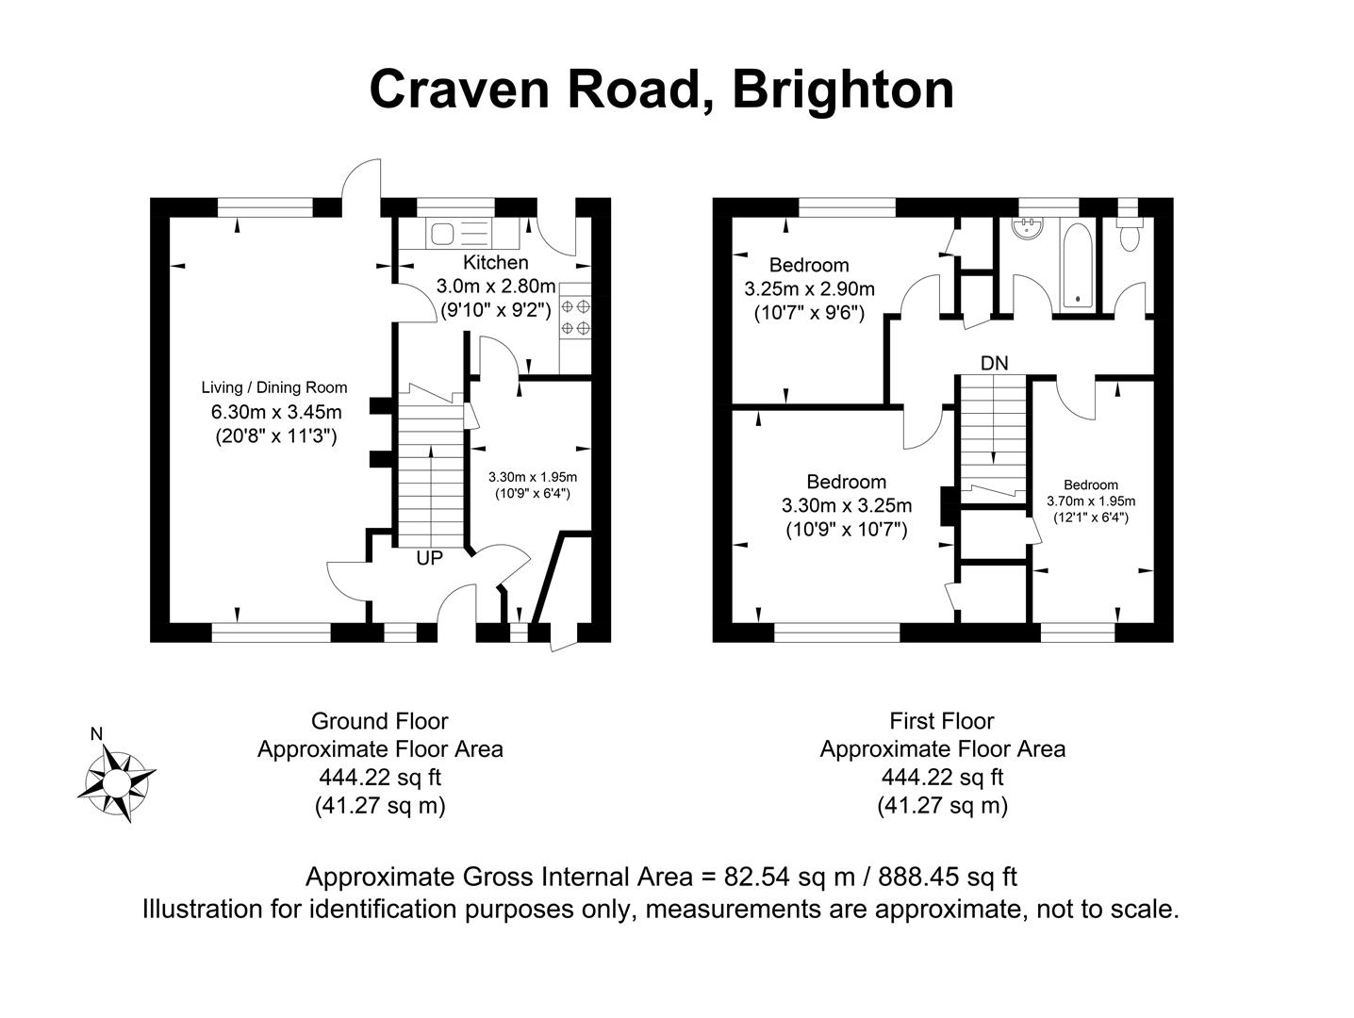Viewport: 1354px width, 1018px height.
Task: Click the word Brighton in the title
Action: coord(842,90)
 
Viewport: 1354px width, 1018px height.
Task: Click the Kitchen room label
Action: coord(495,262)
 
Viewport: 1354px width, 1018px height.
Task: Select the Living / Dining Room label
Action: coord(273,387)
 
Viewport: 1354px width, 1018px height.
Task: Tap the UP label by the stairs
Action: coord(429,558)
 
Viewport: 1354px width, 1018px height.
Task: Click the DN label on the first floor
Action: coord(994,363)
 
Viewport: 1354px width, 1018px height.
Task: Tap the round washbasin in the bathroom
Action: coord(1025,227)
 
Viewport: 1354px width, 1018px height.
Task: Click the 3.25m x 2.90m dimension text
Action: coord(809,289)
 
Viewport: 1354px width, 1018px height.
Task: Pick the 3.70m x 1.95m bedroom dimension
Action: coord(1091,501)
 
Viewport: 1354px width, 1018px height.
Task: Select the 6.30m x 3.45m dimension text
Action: coord(275,412)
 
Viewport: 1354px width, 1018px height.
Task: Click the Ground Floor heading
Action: coord(379,721)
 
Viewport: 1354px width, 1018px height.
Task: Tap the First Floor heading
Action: coord(942,721)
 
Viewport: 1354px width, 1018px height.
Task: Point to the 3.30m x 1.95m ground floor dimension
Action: coord(532,477)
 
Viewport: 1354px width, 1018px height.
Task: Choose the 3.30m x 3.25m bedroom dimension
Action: coord(847,506)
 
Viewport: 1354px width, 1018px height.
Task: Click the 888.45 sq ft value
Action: coord(948,877)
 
